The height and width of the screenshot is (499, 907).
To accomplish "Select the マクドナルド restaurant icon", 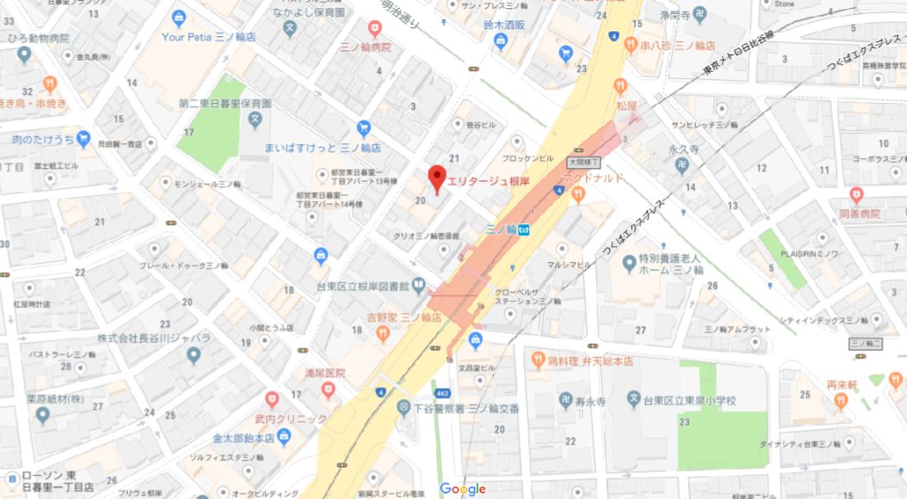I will click(x=578, y=194).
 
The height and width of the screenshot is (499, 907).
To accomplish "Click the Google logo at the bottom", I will click(x=463, y=489).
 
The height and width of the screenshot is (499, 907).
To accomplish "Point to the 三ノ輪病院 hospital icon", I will click(x=375, y=30).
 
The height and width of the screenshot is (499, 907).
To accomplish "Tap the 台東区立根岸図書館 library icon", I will click(x=419, y=286).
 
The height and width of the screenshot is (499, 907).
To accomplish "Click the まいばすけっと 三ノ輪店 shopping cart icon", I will click(x=364, y=128).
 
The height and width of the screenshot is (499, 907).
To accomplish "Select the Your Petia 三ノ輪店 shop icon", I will click(x=179, y=18).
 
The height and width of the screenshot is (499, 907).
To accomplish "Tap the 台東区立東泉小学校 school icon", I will click(x=634, y=400).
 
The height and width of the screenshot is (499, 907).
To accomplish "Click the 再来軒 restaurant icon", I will click(x=840, y=401).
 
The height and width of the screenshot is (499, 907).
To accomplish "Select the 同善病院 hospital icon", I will click(x=857, y=195).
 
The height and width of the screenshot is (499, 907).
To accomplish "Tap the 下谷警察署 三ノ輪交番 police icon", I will click(x=403, y=408).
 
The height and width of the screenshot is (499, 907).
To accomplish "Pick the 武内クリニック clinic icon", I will click(x=272, y=400).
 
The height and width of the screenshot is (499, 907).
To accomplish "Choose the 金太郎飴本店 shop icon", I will click(x=284, y=437).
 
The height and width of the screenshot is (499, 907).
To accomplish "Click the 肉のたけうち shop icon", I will click(x=84, y=138).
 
